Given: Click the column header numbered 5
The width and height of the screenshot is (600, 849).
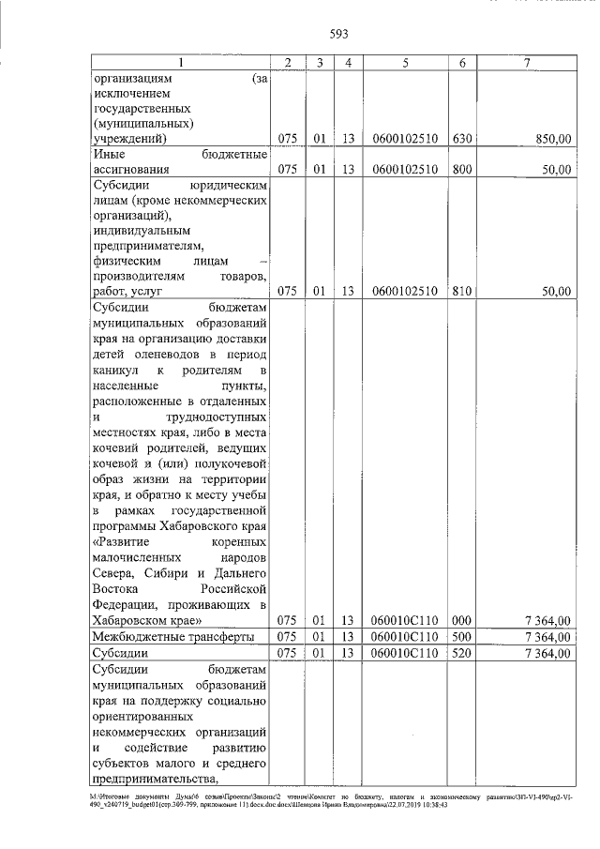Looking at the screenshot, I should coord(405,63).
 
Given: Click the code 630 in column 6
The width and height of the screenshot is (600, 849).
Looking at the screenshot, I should coord(462,139).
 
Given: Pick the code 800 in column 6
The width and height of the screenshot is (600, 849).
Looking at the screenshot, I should coord(462,170).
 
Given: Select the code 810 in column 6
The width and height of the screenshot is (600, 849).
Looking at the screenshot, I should coord(462,291).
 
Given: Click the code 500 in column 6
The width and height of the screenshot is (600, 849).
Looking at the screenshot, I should coord(462,636).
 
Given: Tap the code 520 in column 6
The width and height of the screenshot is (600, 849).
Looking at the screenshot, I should coord(462,653).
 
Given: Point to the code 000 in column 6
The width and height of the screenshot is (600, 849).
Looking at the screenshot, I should coord(462,620).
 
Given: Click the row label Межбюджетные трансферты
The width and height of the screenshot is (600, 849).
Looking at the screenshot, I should coord(173,636).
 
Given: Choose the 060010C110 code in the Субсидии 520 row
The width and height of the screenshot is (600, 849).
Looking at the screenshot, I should coord(405,653).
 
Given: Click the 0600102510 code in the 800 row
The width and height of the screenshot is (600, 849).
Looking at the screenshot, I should coord(405,170).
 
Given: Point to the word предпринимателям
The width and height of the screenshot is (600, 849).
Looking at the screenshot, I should coord(142,245).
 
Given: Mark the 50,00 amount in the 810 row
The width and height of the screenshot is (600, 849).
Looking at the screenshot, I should coord(553,291).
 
